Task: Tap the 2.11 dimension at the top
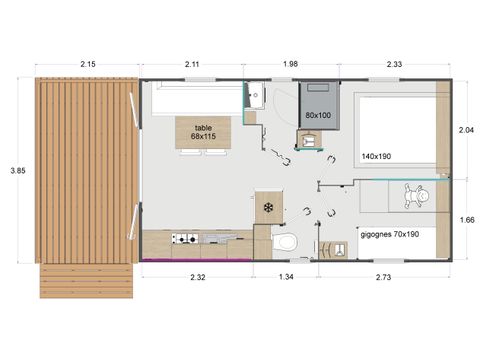(x=193, y=65)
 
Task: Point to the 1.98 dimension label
(x=290, y=65)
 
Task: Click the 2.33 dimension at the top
(x=394, y=65)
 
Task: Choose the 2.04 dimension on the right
(x=467, y=130)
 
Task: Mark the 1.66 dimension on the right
(x=467, y=220)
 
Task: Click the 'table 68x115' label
(x=203, y=132)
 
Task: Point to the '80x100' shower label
(x=318, y=115)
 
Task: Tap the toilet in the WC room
(x=284, y=243)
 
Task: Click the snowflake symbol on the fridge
(x=268, y=208)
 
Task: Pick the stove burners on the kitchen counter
(x=184, y=239)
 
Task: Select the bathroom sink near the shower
(x=255, y=96)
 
